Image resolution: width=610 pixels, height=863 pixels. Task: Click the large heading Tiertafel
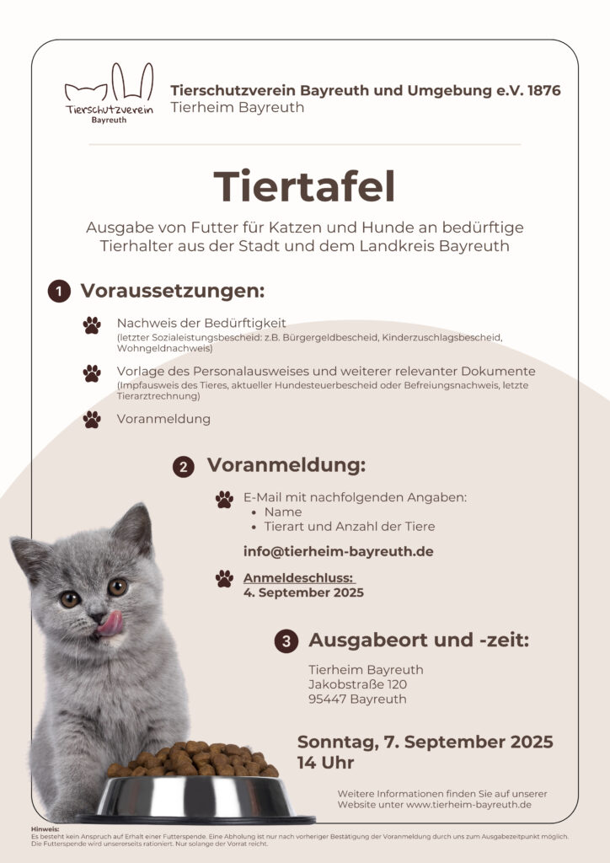[x=304, y=187]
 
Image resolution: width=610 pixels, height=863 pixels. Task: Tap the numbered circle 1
[x=59, y=292]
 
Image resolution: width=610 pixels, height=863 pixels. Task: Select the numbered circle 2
[x=184, y=467]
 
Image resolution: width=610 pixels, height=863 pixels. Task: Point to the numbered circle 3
[x=286, y=641]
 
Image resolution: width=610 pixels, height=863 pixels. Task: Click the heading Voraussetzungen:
[x=173, y=292]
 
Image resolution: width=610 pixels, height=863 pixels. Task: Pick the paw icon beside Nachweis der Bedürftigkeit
[x=92, y=325]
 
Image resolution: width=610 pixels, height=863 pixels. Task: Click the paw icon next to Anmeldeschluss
[x=224, y=578]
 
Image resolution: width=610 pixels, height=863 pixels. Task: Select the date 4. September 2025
[x=303, y=592]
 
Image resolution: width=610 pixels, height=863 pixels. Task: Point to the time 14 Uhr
[x=325, y=764]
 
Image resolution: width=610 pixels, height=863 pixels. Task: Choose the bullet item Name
[x=282, y=512]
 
